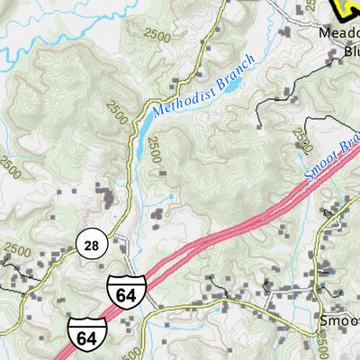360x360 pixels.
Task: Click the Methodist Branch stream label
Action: click(x=203, y=86)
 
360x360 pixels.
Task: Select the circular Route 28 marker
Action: click(x=91, y=244)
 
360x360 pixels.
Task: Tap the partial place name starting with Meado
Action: click(x=339, y=33)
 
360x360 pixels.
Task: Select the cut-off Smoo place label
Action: click(x=339, y=319)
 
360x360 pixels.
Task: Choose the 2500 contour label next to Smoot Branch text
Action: click(x=302, y=142)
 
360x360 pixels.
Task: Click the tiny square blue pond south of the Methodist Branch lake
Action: click(x=171, y=194)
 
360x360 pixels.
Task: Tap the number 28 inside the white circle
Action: click(x=91, y=244)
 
